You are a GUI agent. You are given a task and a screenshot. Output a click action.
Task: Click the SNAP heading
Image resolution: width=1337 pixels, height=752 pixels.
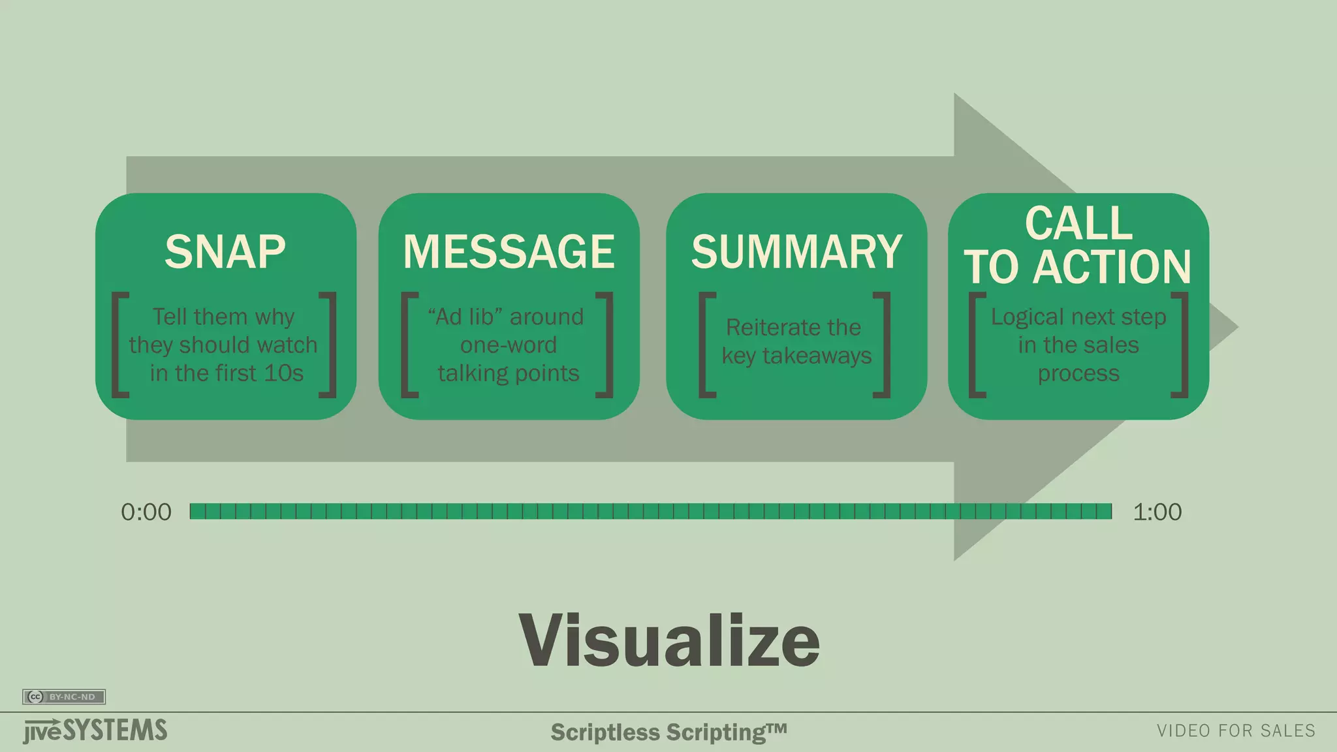225,252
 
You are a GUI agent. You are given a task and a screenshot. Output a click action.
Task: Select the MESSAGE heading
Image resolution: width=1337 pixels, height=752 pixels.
509,252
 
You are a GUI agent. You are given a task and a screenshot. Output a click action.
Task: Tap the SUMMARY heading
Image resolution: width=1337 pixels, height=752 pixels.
796,252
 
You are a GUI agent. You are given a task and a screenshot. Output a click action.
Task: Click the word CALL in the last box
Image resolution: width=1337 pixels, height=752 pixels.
1078,223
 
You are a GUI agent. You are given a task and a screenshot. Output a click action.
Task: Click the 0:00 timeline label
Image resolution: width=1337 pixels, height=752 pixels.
146,512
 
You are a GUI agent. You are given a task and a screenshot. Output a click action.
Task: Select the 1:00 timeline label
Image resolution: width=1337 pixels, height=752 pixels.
1157,512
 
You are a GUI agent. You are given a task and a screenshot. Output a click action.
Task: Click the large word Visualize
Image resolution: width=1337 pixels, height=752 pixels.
669,641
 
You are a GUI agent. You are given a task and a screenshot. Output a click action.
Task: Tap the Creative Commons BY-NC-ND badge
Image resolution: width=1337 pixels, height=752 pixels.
64,697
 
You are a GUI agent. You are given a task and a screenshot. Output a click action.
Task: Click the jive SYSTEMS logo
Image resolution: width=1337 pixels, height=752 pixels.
95,731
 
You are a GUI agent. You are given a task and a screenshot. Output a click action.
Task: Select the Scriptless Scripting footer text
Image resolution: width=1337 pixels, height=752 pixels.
668,732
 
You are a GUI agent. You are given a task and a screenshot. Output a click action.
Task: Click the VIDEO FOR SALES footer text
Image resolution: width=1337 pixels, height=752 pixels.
1236,731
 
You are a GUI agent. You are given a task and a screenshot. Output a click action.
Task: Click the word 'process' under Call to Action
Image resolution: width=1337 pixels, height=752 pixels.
1078,373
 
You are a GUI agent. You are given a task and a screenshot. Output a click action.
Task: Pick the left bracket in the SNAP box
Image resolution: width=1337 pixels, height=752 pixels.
119,345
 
